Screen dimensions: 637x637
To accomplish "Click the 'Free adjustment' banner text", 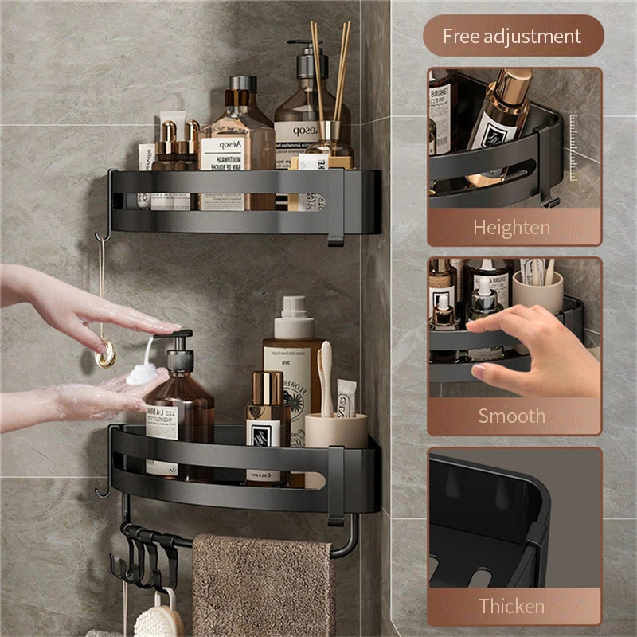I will point(512,36).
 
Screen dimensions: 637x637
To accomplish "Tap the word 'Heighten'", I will point(511,228).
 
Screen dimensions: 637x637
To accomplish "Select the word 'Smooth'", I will point(511,416).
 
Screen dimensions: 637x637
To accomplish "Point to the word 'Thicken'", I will point(511,605).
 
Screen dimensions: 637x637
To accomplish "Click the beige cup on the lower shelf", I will point(336,431).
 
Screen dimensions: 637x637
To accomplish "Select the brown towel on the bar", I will point(263,585).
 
